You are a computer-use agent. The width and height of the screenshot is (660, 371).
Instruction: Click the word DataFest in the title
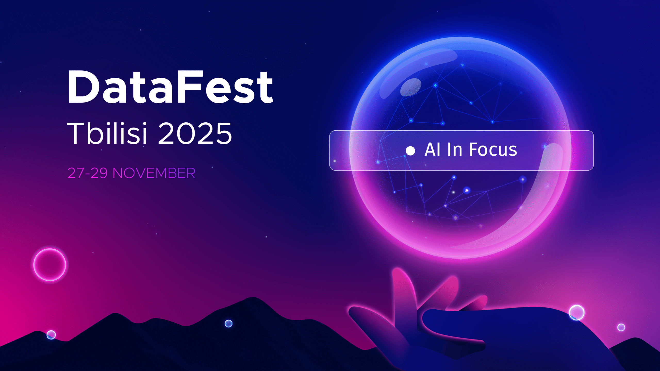tap(170, 87)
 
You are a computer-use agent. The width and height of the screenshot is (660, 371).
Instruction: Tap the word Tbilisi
tap(107, 133)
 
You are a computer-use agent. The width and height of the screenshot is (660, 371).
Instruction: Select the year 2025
tap(195, 133)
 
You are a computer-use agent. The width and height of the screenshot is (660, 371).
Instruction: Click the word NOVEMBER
tap(154, 173)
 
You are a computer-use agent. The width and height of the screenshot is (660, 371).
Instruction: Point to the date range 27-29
tap(87, 173)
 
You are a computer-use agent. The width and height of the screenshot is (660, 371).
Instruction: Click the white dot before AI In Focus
tap(410, 151)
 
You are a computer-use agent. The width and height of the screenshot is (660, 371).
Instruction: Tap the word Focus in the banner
tap(493, 149)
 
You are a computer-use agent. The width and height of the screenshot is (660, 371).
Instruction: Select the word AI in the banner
tap(432, 149)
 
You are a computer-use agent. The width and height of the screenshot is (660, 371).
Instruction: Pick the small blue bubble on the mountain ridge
tap(228, 323)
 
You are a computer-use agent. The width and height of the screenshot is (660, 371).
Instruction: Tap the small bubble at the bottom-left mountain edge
tap(51, 335)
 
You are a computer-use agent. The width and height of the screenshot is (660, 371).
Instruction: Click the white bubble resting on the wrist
tap(577, 313)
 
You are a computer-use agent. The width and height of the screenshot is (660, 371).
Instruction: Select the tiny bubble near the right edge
tap(621, 327)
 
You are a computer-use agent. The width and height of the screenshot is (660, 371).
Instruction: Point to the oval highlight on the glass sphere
tap(410, 87)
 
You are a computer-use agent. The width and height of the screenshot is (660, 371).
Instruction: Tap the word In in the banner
tap(455, 149)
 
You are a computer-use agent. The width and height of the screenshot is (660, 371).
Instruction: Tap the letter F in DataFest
tap(190, 87)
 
